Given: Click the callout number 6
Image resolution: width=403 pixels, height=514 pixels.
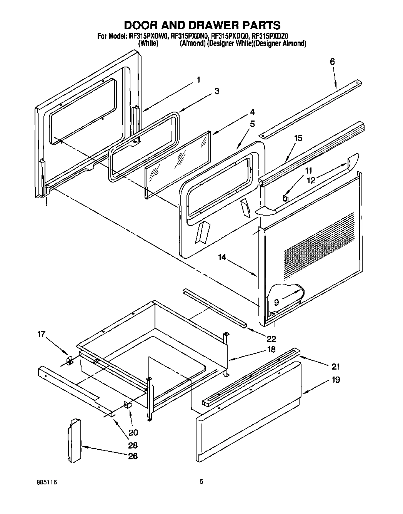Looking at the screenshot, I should [332, 62].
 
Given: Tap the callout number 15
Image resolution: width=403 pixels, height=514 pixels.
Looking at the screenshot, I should [298, 138].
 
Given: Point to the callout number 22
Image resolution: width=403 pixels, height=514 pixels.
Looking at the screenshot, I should [271, 339].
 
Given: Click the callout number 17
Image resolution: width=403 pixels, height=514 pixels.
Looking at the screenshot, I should [42, 334].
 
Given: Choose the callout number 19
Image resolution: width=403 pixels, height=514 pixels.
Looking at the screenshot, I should [335, 380].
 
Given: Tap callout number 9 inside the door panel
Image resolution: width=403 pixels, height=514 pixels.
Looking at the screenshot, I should [276, 302].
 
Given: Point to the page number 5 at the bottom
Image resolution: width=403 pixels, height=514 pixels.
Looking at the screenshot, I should [201, 481].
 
